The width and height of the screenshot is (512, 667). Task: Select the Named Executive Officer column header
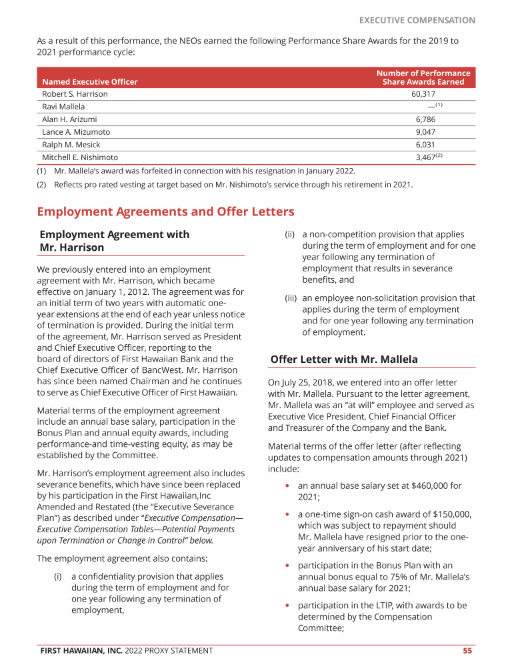point(90,82)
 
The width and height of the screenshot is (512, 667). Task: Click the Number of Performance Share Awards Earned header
point(423,77)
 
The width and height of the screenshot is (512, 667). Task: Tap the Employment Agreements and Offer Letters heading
point(165,211)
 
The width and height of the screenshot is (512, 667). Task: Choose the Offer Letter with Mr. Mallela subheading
point(344,360)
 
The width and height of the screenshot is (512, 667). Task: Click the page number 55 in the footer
point(467,650)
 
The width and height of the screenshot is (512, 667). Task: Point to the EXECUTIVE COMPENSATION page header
point(417,20)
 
